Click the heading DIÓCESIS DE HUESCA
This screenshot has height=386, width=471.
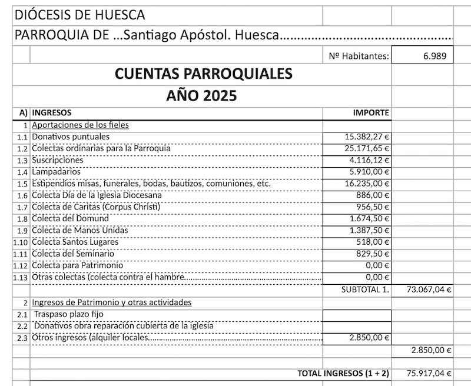[79, 15]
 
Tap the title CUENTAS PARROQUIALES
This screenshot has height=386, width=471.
[203, 74]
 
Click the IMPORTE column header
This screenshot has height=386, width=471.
[370, 112]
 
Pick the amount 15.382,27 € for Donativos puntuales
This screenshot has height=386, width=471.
[367, 137]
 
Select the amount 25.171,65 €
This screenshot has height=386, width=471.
[367, 148]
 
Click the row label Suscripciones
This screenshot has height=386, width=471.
[57, 160]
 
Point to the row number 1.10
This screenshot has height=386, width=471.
[21, 242]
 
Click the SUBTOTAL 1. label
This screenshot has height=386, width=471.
[365, 289]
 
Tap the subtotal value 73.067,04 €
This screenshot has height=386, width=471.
[429, 289]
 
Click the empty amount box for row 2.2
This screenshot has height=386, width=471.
[357, 326]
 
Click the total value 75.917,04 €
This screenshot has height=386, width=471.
[429, 373]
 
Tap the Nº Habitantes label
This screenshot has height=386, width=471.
[359, 56]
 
